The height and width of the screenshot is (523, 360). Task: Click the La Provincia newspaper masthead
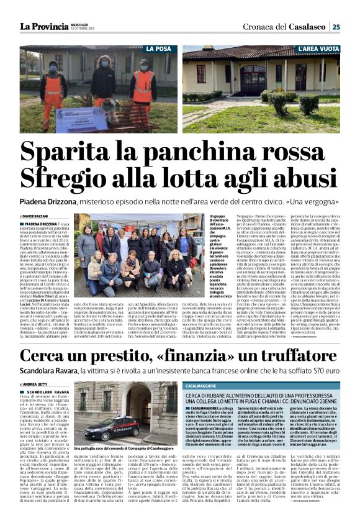click(44, 26)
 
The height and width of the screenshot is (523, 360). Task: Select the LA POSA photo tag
click(158, 48)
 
